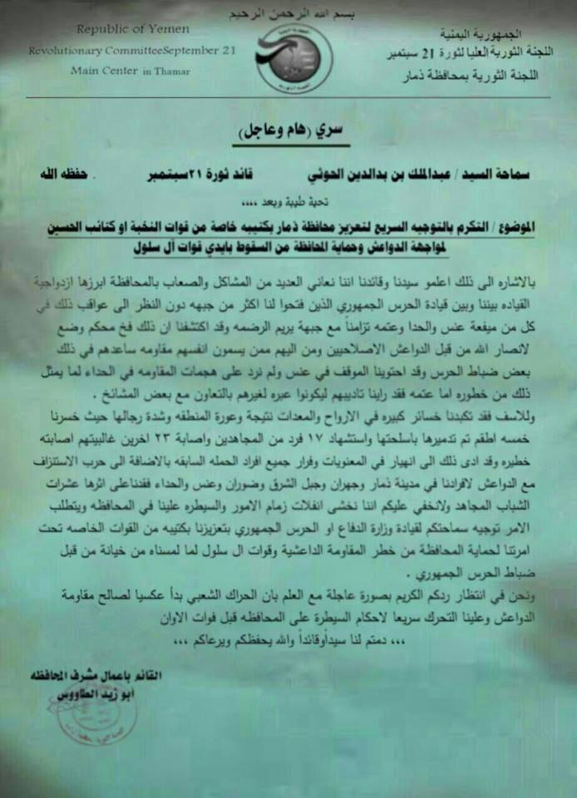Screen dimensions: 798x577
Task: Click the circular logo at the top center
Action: point(293,58)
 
